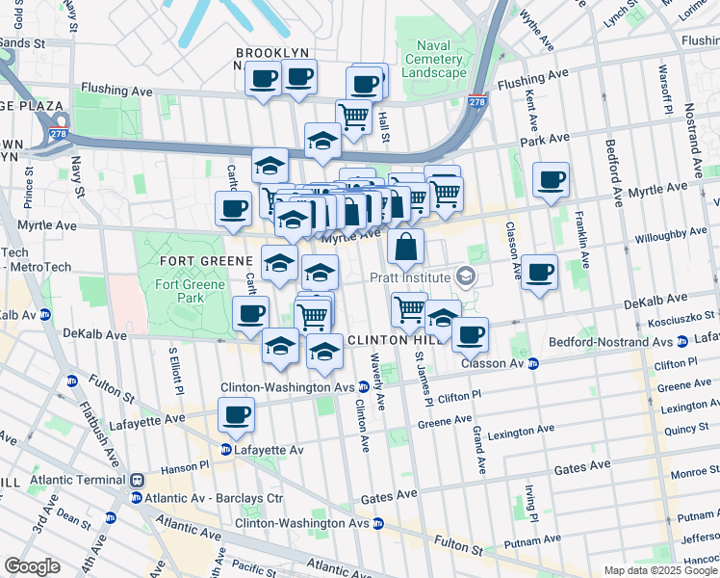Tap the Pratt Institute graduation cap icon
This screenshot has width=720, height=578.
[466, 277]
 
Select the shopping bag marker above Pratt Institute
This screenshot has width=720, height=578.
[406, 248]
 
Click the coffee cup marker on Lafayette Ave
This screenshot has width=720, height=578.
[236, 415]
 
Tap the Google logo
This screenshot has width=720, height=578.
[32, 566]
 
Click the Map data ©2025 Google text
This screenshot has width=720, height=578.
[660, 570]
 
